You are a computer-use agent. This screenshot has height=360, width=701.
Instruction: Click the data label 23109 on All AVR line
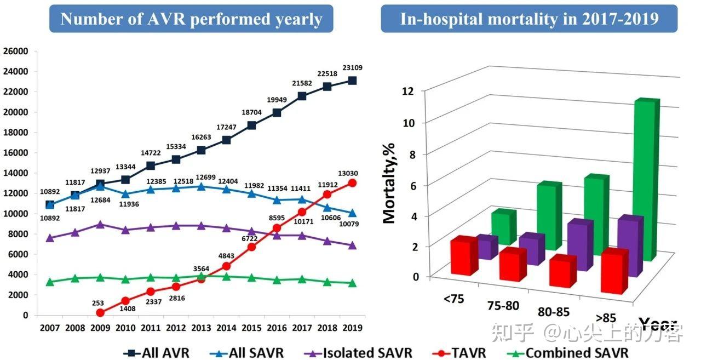[352, 68]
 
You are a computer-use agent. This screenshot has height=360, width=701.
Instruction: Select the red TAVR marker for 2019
[352, 183]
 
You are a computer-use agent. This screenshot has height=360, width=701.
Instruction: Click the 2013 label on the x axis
[201, 328]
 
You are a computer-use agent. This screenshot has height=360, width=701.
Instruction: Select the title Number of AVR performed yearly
[191, 19]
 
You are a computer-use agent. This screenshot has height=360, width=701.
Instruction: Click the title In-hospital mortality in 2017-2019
[529, 19]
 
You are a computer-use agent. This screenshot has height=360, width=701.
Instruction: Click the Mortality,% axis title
[389, 180]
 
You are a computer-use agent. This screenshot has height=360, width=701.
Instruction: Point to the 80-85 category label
[553, 312]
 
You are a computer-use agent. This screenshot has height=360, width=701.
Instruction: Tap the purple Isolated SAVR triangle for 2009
[100, 225]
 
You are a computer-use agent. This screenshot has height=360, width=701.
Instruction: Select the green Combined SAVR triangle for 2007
[50, 282]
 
